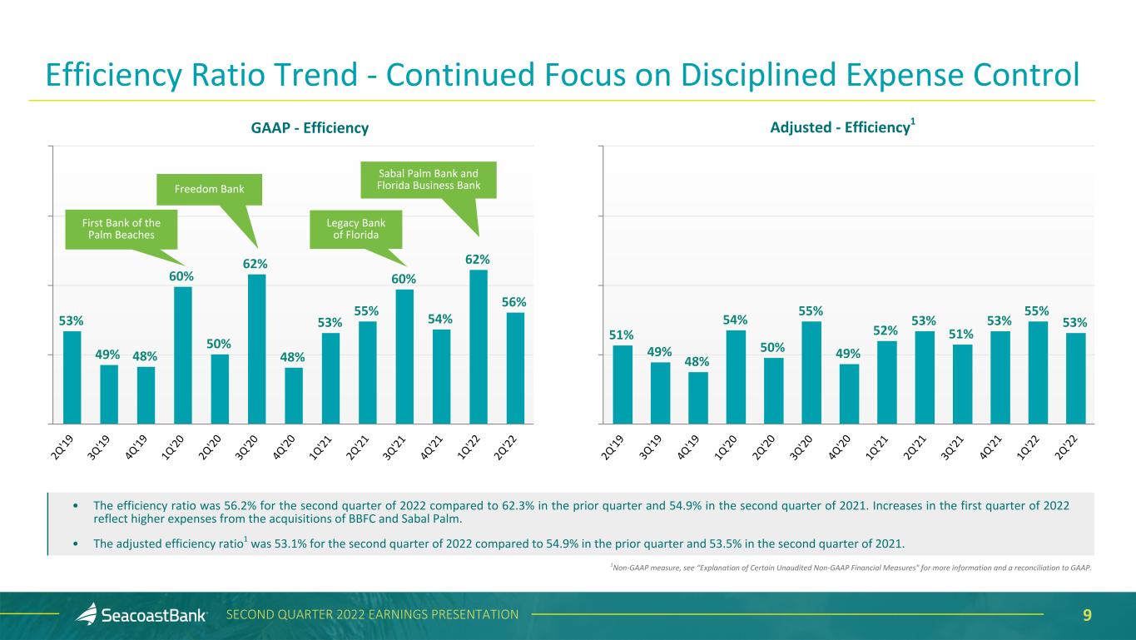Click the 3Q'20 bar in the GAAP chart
(256, 349)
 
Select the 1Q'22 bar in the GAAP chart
(479, 347)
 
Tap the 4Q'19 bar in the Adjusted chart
(697, 398)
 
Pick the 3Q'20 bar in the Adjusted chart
(811, 373)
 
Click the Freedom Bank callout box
(209, 190)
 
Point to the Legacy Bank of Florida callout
(355, 229)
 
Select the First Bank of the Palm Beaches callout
(122, 229)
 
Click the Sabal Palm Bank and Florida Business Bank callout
(429, 180)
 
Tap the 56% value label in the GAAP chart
(513, 302)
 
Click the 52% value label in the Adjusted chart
(885, 330)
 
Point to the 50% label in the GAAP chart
(219, 344)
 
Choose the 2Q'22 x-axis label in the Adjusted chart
(1065, 448)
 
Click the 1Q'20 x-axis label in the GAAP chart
(172, 448)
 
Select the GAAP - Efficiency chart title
(310, 128)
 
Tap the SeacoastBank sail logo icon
(87, 613)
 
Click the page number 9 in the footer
(1087, 615)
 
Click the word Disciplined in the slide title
(758, 75)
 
